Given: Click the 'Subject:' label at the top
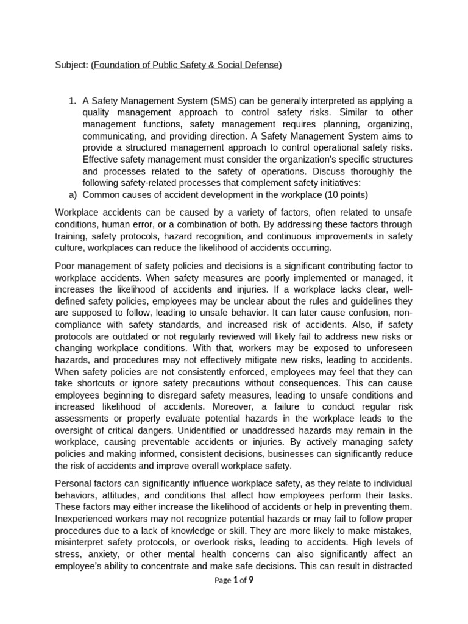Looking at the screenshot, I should click(x=71, y=65).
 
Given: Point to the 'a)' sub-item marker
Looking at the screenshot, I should click(x=72, y=194).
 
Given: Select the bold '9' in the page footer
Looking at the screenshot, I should click(x=250, y=580).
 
